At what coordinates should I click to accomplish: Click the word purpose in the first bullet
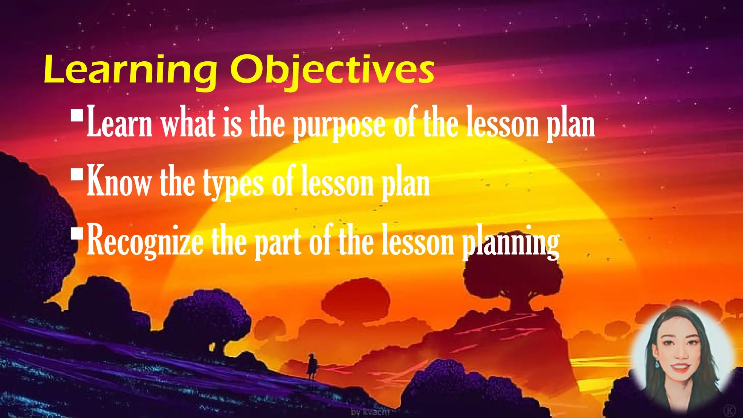click(x=339, y=125)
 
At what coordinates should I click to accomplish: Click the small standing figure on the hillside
click(x=312, y=367)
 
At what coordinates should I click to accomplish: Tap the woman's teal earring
click(x=657, y=363)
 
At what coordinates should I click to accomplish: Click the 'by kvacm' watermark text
click(x=370, y=412)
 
